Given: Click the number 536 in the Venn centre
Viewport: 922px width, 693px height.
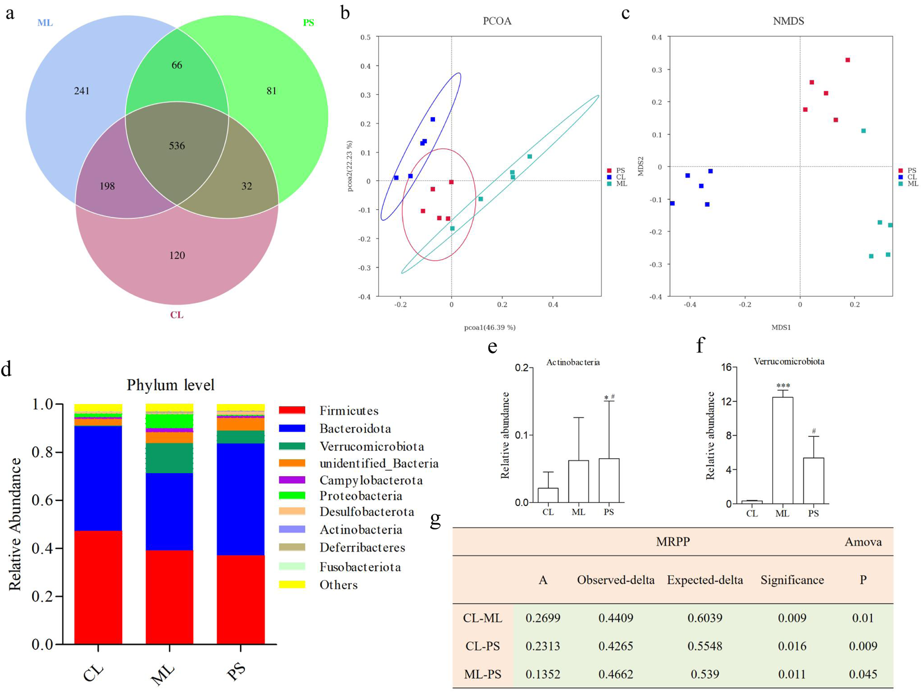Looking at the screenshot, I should click(177, 146).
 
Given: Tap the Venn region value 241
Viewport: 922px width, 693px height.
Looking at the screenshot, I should click(82, 91).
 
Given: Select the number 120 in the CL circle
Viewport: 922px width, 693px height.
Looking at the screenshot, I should click(177, 255).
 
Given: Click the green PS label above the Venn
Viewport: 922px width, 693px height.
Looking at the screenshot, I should click(309, 23).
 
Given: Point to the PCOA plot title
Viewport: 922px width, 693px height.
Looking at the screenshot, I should click(497, 21).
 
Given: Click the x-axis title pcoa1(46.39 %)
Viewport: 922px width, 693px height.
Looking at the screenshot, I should click(490, 327).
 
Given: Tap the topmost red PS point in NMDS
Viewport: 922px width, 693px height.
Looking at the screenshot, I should click(848, 60).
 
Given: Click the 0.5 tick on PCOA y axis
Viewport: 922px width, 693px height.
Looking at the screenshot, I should click(365, 37).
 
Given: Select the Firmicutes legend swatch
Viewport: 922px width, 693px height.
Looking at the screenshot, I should click(292, 411).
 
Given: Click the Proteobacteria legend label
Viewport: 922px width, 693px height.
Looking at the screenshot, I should click(361, 496).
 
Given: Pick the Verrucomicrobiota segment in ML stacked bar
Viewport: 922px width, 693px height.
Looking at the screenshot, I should click(169, 458).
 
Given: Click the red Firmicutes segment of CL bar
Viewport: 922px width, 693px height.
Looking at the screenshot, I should click(98, 587).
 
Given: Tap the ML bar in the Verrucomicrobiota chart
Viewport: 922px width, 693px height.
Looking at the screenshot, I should click(782, 450).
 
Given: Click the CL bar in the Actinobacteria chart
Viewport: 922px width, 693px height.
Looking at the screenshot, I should click(548, 495).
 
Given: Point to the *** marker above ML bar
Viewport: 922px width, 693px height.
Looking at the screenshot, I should click(783, 386).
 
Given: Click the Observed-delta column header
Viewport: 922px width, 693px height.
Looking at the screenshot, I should click(616, 580).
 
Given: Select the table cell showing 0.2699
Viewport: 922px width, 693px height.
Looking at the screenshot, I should click(543, 618).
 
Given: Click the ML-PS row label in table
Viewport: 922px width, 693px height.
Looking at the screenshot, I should click(482, 674).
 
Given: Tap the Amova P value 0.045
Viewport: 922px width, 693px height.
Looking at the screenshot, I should click(863, 674).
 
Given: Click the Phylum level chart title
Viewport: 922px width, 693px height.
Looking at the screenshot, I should click(170, 385).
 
